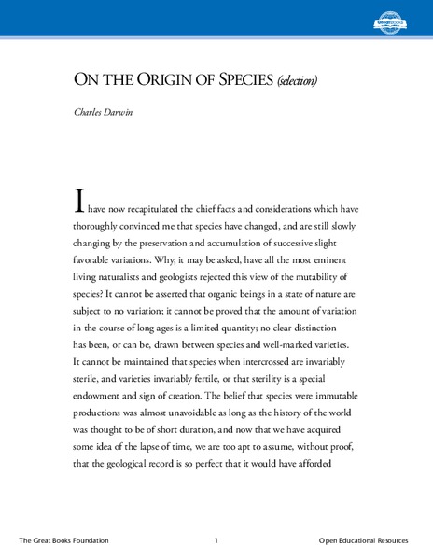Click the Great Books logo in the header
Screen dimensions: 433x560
[392, 18]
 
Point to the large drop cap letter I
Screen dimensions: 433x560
[80, 202]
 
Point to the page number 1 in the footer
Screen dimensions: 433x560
[216, 540]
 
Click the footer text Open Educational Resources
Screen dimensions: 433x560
[370, 540]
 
